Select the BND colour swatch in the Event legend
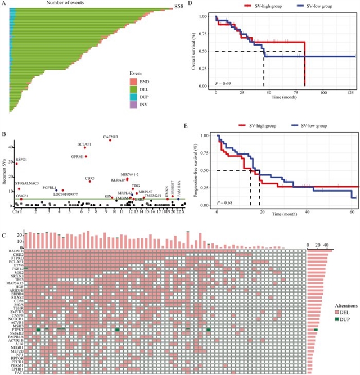coord(133,82)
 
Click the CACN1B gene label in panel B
coord(110,137)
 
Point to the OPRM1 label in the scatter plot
coord(77,156)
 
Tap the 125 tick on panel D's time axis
coord(349,92)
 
